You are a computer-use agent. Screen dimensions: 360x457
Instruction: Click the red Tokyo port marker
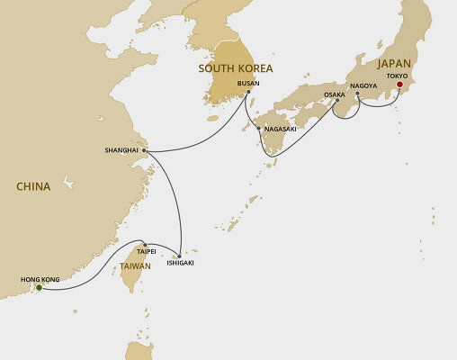pyautogui.click(x=399, y=87)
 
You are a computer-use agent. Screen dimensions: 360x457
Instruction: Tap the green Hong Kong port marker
pyautogui.click(x=39, y=288)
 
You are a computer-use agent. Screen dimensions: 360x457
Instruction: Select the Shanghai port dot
pyautogui.click(x=144, y=150)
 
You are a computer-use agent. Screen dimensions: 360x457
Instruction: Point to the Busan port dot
pyautogui.click(x=248, y=93)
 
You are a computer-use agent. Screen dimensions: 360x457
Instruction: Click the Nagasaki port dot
pyautogui.click(x=260, y=130)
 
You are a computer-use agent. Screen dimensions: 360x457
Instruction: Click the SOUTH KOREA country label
pyautogui.click(x=237, y=67)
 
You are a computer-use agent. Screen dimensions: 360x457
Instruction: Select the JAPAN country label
pyautogui.click(x=396, y=63)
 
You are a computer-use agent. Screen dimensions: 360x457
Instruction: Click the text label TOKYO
pyautogui.click(x=399, y=76)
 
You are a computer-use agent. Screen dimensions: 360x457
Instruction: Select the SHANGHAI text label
pyautogui.click(x=122, y=150)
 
